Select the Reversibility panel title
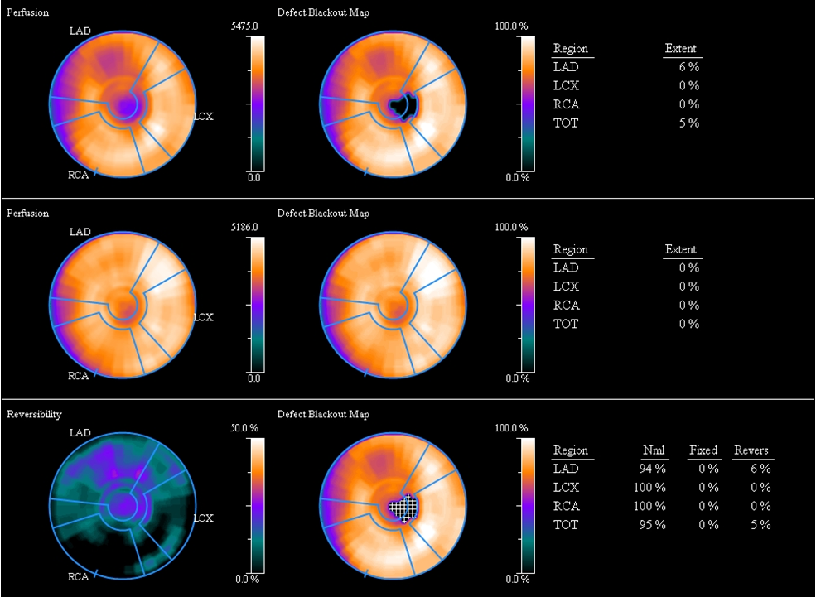34,414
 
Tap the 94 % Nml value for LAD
653,469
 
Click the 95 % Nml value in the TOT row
653,524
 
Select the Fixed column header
703,450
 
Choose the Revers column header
751,450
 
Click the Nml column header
654,450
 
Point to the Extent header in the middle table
680,249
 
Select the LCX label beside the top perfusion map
203,116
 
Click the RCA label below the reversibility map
78,576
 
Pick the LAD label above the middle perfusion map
80,232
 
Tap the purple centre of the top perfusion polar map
125,106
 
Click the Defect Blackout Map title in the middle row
323,214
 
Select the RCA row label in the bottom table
567,506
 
